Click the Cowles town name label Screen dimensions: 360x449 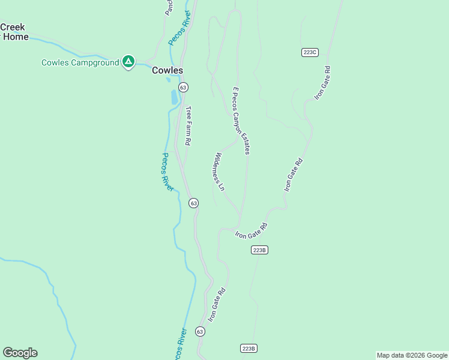(x=167, y=70)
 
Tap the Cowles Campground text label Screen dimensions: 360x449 (x=80, y=62)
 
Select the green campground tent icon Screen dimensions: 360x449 (x=128, y=61)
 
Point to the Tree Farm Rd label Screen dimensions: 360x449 (x=188, y=126)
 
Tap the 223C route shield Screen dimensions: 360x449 (x=309, y=52)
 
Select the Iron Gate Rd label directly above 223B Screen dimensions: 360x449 (x=251, y=231)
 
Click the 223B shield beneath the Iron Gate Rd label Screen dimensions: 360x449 (x=259, y=250)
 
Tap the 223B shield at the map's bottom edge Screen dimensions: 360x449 (x=249, y=348)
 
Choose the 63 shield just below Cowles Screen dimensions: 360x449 (x=183, y=87)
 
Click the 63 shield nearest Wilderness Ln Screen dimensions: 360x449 (x=193, y=203)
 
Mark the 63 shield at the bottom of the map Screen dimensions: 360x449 (x=200, y=332)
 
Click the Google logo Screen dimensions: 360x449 (x=20, y=353)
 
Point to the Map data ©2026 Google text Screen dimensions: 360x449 (x=412, y=355)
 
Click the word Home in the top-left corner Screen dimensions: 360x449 (x=16, y=36)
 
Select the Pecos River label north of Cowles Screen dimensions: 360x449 (x=179, y=28)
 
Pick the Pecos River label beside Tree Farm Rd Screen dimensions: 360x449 (x=167, y=172)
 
